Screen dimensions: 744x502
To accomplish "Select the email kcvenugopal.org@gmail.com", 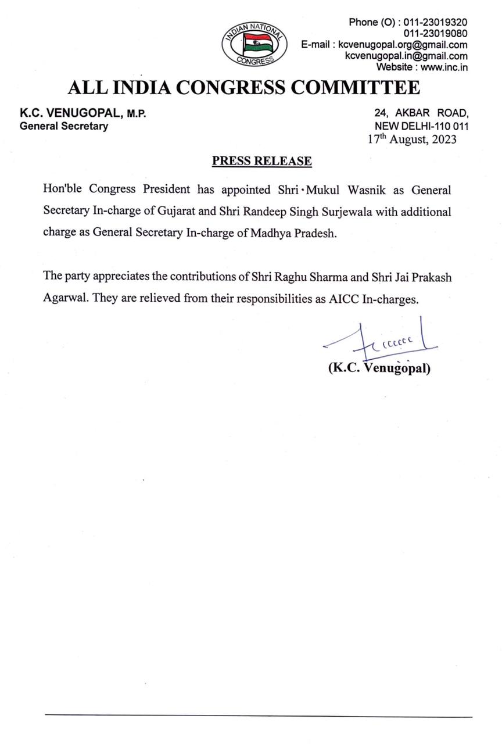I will pyautogui.click(x=403, y=45).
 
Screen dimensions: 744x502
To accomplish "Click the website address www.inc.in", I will pyautogui.click(x=444, y=67).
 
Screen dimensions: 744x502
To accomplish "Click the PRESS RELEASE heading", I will pyautogui.click(x=261, y=161).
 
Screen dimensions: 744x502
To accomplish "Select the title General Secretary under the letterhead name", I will pyautogui.click(x=64, y=126).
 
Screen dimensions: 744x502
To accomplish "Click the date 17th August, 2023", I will pyautogui.click(x=412, y=139).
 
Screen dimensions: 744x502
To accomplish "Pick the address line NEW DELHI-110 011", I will pyautogui.click(x=422, y=126).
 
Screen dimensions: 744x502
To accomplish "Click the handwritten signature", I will pyautogui.click(x=381, y=343).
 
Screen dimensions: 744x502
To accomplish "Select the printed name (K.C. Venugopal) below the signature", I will pyautogui.click(x=379, y=368).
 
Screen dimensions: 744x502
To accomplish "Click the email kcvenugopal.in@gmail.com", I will pyautogui.click(x=406, y=56).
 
